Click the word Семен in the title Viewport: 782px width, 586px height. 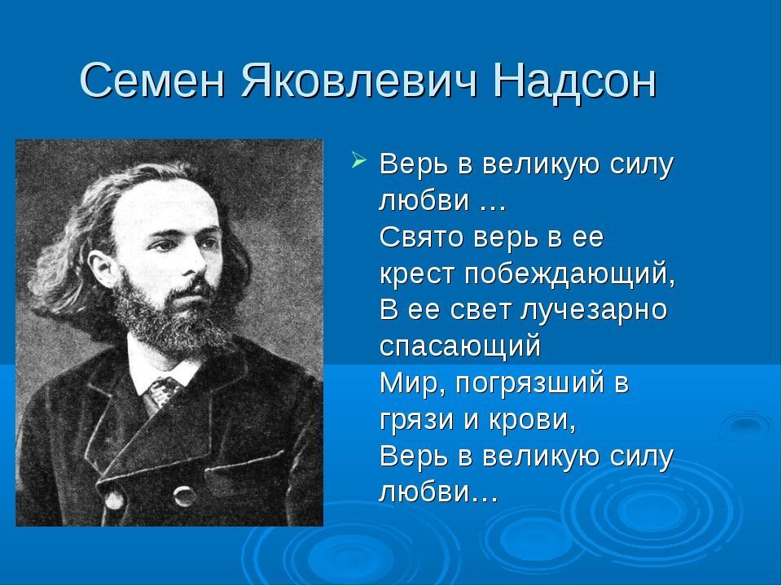pos(152,80)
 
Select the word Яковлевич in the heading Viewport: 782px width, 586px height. pos(359,80)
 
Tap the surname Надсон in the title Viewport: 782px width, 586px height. pos(574,81)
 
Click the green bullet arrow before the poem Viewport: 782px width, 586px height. pos(359,160)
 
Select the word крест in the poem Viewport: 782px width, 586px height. pos(417,274)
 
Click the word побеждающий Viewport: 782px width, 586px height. pos(569,274)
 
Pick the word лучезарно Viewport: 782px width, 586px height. pos(594,310)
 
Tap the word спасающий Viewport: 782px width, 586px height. pos(459,347)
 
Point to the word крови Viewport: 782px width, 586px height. pos(533,421)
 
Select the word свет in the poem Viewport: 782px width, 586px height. pos(481,310)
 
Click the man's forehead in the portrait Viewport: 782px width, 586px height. pos(165,204)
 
